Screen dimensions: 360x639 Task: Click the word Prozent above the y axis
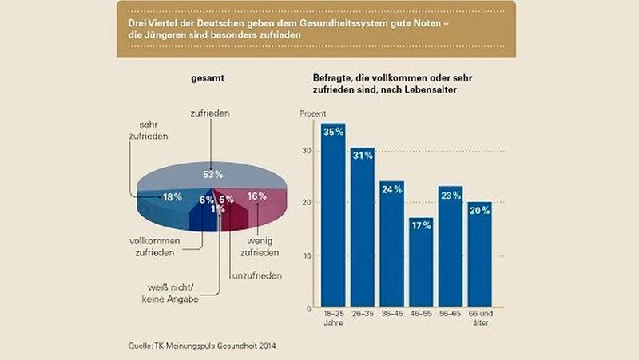point(312,113)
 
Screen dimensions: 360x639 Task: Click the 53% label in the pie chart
point(210,173)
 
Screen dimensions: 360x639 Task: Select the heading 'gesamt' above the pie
point(208,81)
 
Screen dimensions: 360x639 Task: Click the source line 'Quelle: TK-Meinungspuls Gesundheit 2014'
point(203,345)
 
